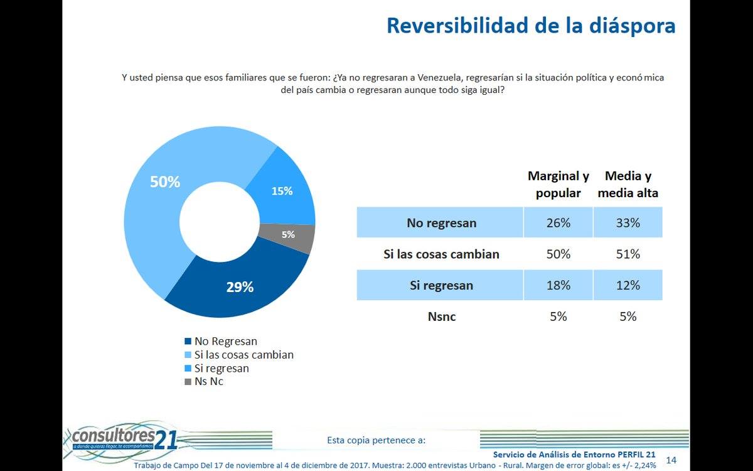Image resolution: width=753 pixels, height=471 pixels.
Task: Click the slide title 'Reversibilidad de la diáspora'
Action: [x=531, y=26]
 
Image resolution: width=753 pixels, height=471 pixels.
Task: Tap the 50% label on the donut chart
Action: [x=165, y=182]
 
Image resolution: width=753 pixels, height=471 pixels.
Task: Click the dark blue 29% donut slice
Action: [x=240, y=288]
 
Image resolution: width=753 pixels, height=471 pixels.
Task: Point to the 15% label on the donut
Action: [x=282, y=191]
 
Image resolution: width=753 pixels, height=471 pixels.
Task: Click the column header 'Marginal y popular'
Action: [x=558, y=185]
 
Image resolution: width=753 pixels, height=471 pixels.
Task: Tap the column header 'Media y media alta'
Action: [x=627, y=185]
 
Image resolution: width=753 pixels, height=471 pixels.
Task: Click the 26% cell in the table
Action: [x=558, y=223]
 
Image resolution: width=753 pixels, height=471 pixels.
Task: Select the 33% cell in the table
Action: [x=627, y=223]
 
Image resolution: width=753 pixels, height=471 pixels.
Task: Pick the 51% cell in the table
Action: [x=627, y=254]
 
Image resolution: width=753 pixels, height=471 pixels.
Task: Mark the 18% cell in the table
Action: [x=558, y=285]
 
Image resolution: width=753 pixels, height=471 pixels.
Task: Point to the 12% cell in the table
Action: [x=627, y=285]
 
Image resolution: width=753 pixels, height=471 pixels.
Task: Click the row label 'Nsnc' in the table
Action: [x=441, y=317]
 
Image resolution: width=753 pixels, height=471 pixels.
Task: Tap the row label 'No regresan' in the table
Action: [x=441, y=223]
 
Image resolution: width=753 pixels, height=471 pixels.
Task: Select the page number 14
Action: [x=671, y=460]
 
